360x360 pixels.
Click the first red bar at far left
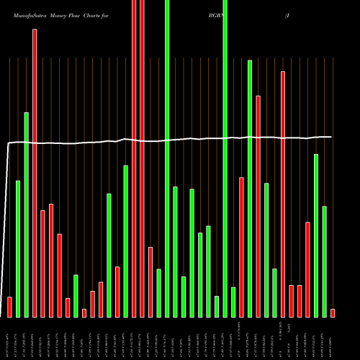pos(9,307)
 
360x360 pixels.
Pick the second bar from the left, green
pos(18,248)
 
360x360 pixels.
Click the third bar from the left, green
pos(26,215)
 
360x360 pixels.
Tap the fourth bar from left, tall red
pos(35,173)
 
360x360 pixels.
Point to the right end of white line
pos(331,137)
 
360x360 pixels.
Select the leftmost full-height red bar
pos(134,158)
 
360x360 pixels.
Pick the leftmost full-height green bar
pos(167,158)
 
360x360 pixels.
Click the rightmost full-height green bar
pos(225,158)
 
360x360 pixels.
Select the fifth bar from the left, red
pos(42,264)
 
